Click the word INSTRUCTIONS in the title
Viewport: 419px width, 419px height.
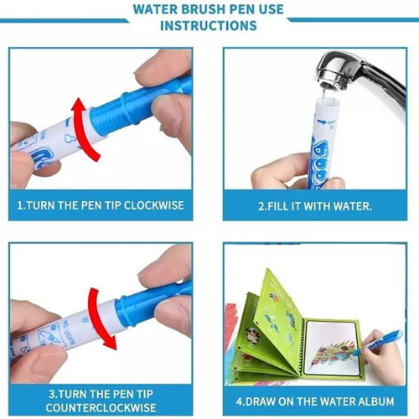pyautogui.click(x=209, y=26)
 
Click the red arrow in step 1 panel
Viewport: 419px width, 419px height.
pyautogui.click(x=84, y=128)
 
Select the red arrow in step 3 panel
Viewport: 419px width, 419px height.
pyautogui.click(x=101, y=318)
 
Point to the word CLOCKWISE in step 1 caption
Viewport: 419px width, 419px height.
pyautogui.click(x=154, y=205)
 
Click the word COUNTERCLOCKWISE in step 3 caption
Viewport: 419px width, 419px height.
pyautogui.click(x=101, y=407)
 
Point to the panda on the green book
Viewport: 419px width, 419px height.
pyautogui.click(x=252, y=334)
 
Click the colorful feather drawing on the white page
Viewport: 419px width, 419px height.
pyautogui.click(x=334, y=354)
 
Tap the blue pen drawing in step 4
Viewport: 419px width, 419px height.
pyautogui.click(x=377, y=343)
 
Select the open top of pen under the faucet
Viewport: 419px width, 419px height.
pyautogui.click(x=326, y=100)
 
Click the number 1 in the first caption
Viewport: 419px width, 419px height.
pyautogui.click(x=19, y=205)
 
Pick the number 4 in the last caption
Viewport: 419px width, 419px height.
pyautogui.click(x=240, y=401)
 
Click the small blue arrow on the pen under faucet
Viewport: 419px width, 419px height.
pyautogui.click(x=322, y=122)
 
